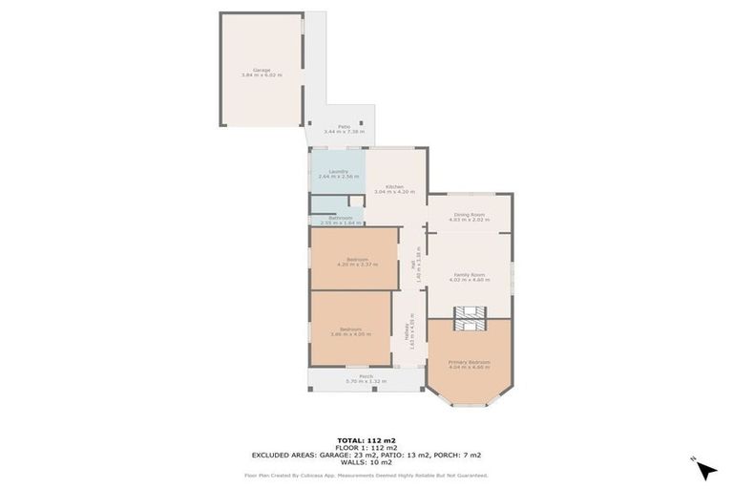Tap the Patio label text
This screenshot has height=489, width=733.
point(343,126)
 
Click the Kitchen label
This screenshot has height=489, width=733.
point(394,186)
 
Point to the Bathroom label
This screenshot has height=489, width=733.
point(341,218)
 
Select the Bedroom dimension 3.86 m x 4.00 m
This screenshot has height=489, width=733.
point(351,334)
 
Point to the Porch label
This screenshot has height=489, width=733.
point(366,376)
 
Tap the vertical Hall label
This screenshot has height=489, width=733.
point(412,264)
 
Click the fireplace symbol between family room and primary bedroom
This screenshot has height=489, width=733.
point(469,318)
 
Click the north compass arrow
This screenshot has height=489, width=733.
point(705,469)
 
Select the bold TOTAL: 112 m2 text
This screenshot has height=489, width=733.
point(366,438)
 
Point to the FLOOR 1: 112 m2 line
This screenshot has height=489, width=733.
point(366,446)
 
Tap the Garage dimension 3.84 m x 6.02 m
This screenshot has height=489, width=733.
point(262,74)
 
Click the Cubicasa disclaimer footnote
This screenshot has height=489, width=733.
point(366,474)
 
